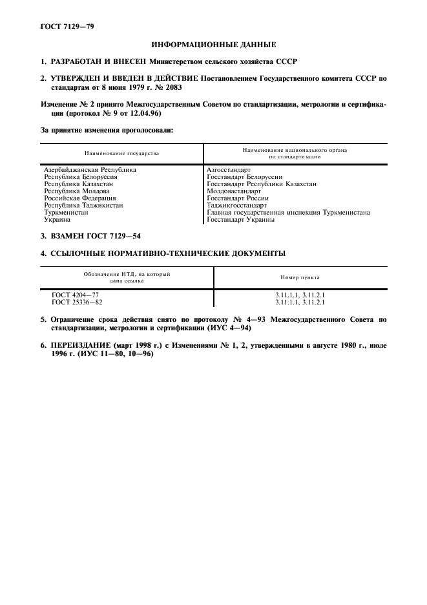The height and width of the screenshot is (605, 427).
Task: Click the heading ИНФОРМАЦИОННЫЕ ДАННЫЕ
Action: tap(213, 45)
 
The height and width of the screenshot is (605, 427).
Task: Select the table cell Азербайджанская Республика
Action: tap(90, 170)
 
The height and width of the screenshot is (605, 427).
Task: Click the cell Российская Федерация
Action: tap(79, 198)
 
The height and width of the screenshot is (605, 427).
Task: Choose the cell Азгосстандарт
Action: tap(229, 170)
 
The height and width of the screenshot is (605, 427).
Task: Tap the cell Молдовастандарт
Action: tap(234, 191)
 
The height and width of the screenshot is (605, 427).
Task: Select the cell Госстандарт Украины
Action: tap(241, 220)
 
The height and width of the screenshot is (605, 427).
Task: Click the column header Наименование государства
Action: tap(121, 153)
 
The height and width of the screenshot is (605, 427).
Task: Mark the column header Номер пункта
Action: tap(300, 278)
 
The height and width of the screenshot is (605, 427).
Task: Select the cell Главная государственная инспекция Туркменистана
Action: tap(288, 213)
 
